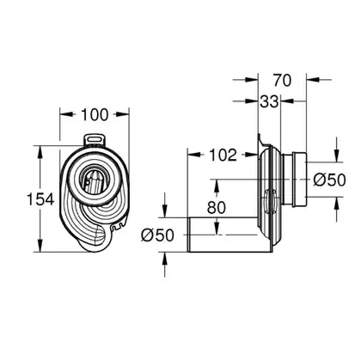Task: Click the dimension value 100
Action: click(x=95, y=115)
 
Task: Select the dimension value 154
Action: click(x=40, y=199)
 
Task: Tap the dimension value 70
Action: click(x=282, y=80)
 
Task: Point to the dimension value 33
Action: click(x=269, y=101)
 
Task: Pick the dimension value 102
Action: click(x=223, y=155)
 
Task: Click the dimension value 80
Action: click(x=217, y=208)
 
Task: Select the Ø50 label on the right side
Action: click(x=329, y=180)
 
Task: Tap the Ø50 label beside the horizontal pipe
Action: click(x=157, y=235)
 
